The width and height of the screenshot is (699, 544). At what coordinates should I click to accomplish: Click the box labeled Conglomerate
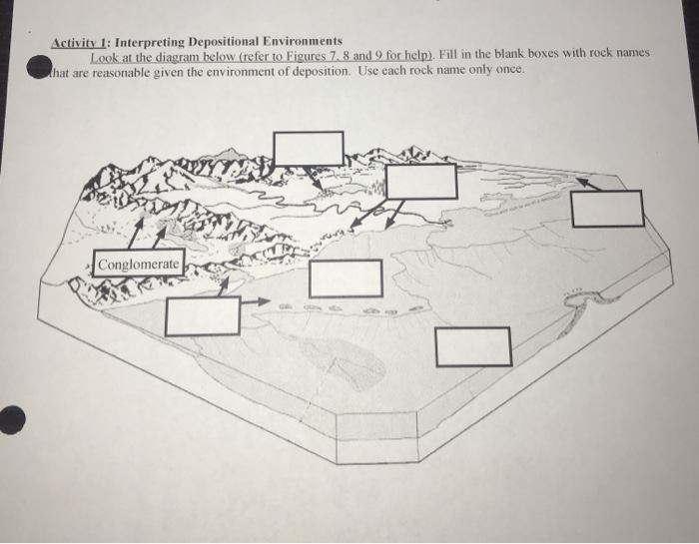[x=139, y=265]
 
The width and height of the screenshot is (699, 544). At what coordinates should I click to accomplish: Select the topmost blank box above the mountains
[x=309, y=148]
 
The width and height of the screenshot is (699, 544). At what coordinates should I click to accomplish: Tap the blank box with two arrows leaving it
[x=421, y=182]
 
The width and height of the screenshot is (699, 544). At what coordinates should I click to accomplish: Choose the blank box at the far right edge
[x=607, y=208]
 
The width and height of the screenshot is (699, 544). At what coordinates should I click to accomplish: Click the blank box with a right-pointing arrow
[x=203, y=315]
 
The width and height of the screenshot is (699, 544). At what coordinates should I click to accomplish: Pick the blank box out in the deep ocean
[x=473, y=346]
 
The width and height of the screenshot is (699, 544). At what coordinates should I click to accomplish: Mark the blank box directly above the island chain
[x=346, y=278]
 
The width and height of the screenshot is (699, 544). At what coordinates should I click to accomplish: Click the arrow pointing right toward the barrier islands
[x=256, y=299]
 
